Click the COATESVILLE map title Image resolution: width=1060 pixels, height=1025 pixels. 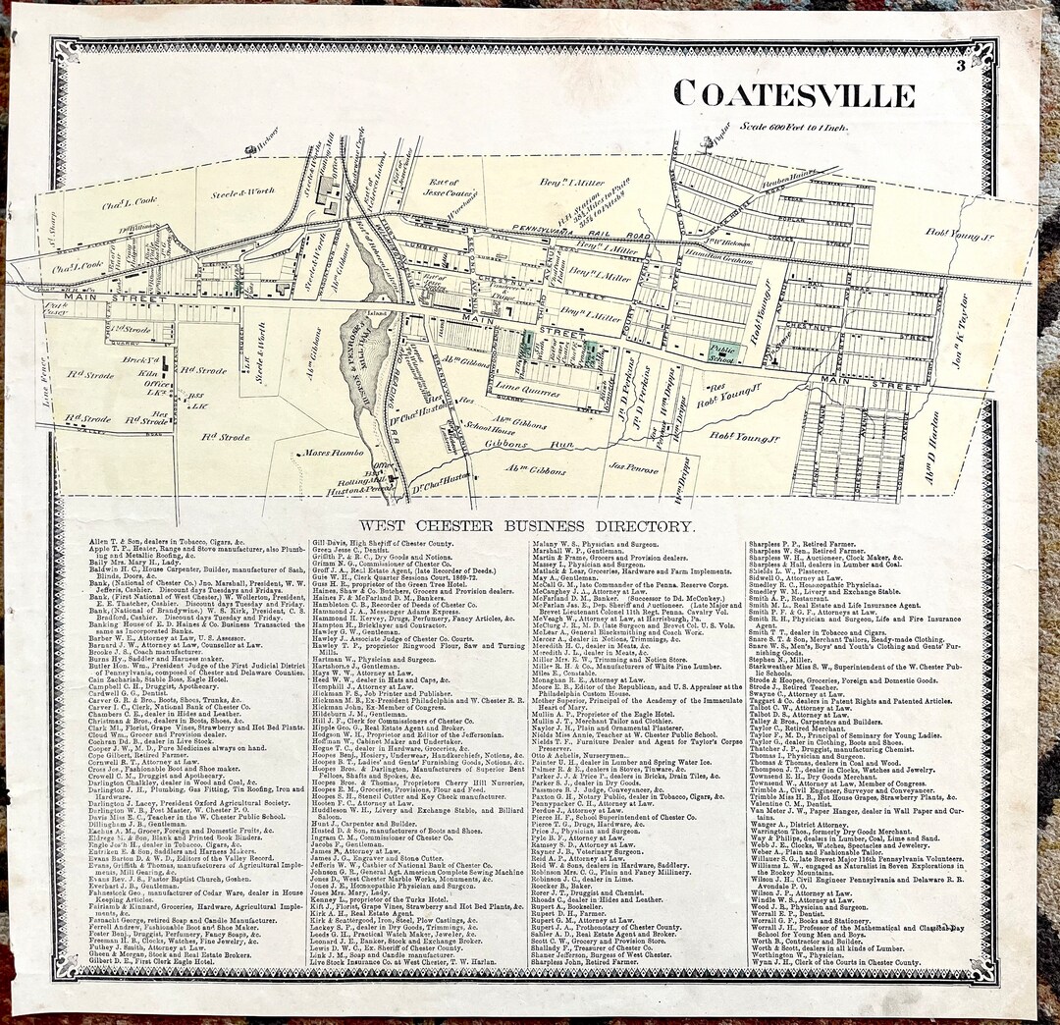[x=794, y=94]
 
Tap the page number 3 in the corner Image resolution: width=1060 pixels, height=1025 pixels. [x=959, y=66]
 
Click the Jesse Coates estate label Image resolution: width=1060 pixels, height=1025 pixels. [x=444, y=188]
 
